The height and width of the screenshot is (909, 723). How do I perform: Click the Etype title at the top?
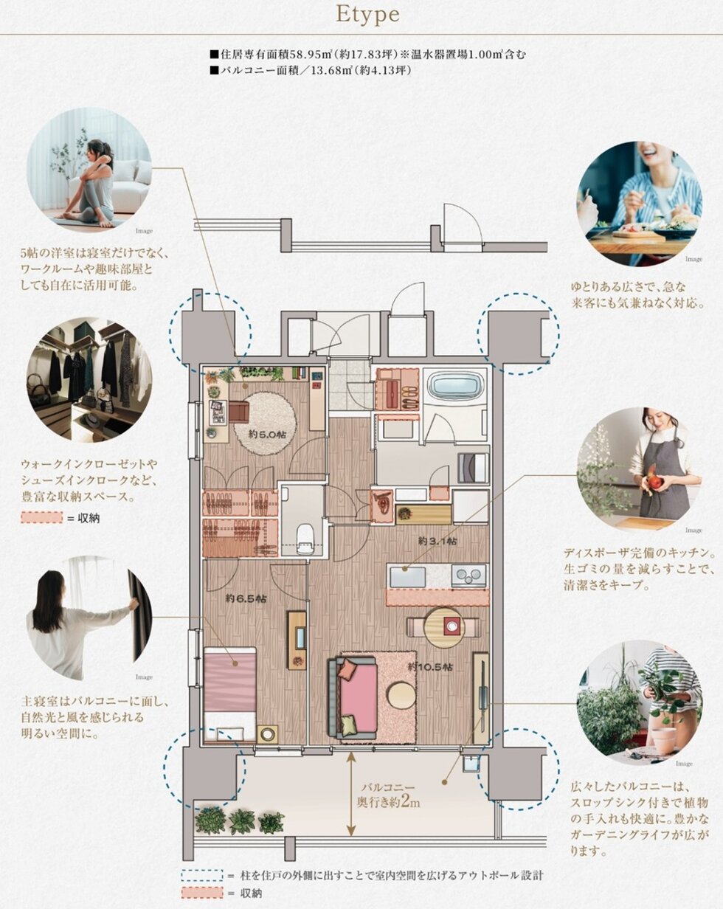tap(367, 16)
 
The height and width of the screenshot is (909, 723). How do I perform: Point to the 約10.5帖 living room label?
tap(431, 667)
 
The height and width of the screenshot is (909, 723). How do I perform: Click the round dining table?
tap(443, 627)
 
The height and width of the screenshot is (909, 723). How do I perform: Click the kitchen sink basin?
tap(407, 576)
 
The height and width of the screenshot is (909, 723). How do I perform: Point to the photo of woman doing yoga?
tap(89, 170)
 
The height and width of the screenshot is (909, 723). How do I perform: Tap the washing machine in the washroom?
tap(473, 468)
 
